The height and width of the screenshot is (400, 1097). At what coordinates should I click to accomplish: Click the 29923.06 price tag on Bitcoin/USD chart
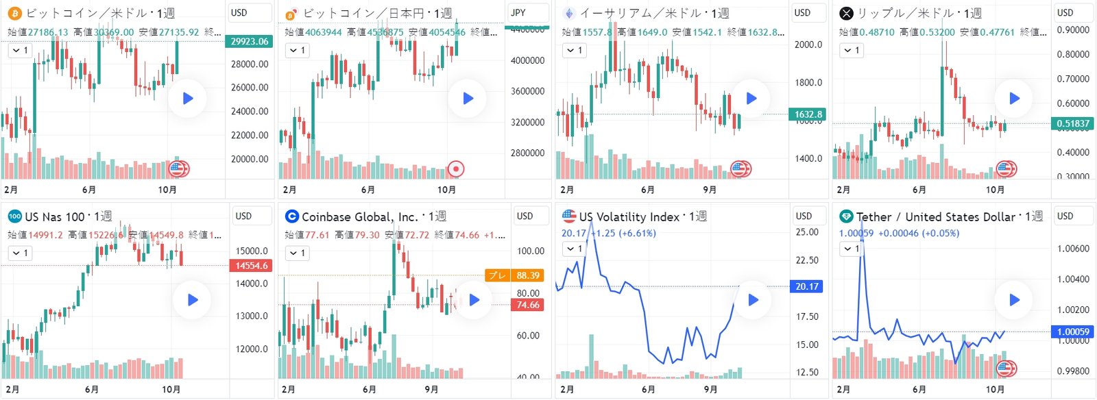click(249, 42)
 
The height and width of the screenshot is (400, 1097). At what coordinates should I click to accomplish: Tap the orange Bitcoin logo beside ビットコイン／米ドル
click(14, 13)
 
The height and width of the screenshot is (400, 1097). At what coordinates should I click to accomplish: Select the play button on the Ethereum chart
click(751, 99)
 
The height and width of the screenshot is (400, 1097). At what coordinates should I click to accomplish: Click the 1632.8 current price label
click(808, 114)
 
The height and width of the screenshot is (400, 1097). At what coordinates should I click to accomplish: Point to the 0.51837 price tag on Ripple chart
click(1073, 124)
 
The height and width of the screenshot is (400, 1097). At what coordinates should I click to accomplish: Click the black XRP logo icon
click(847, 13)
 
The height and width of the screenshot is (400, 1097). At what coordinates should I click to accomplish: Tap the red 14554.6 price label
click(252, 266)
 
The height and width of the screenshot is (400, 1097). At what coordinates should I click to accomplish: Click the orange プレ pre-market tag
click(497, 275)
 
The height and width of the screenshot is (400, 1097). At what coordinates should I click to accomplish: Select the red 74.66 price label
click(528, 305)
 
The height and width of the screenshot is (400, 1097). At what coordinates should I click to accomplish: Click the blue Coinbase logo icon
click(291, 216)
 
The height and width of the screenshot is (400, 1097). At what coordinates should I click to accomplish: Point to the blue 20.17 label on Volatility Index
click(807, 286)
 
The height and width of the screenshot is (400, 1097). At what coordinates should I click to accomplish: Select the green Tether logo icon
click(846, 216)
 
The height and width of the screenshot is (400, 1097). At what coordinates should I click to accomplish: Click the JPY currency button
click(519, 12)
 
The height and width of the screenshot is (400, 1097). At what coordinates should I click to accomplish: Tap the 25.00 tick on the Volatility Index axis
click(807, 232)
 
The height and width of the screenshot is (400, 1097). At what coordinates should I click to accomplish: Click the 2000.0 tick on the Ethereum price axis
click(808, 45)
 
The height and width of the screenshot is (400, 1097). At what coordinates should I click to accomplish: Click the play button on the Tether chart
click(1014, 300)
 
